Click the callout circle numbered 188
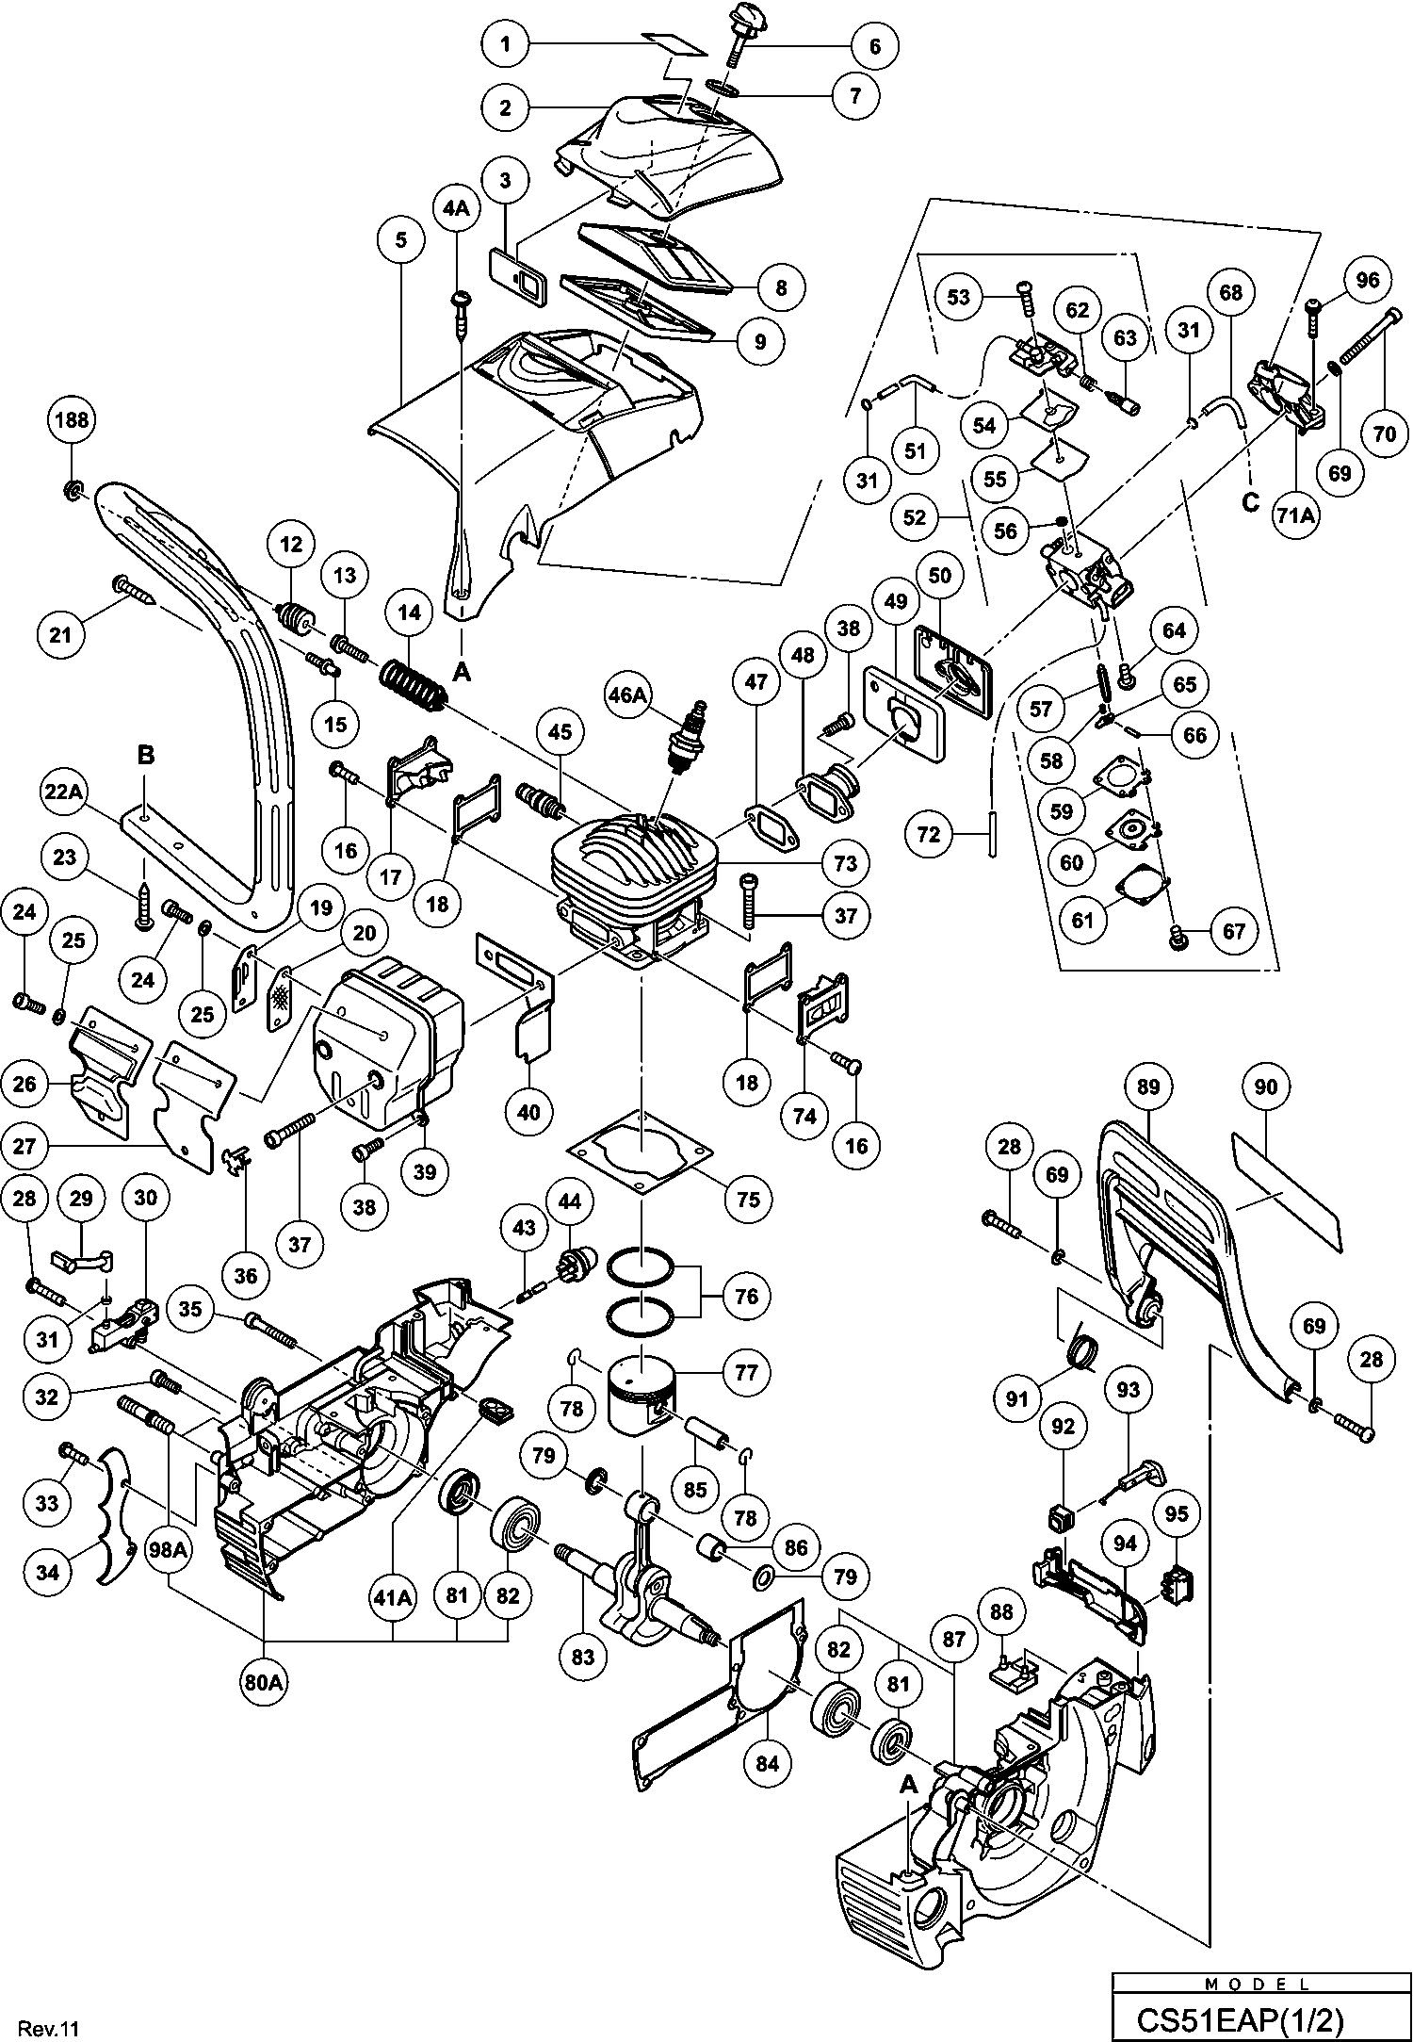(x=72, y=420)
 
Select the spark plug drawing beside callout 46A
(x=688, y=742)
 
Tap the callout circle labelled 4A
(x=456, y=209)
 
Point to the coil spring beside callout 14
(x=414, y=683)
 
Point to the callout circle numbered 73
(x=845, y=862)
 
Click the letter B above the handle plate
(x=145, y=755)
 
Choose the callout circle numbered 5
(x=401, y=239)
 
